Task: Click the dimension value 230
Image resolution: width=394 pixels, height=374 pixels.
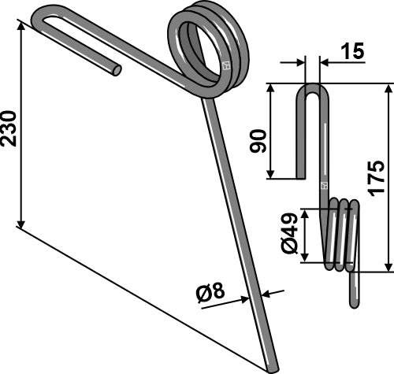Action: (x=10, y=127)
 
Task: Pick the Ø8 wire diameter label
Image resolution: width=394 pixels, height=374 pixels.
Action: (x=211, y=295)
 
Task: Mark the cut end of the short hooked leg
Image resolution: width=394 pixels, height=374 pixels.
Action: (x=117, y=70)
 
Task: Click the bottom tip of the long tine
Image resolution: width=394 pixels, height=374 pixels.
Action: (x=273, y=366)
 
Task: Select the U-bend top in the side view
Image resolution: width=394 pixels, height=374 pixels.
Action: (x=312, y=89)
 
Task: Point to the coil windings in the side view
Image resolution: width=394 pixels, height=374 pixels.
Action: (x=340, y=235)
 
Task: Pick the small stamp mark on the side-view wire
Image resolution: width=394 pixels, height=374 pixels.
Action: (x=323, y=186)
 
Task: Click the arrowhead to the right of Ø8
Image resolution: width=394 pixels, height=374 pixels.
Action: (x=263, y=294)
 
